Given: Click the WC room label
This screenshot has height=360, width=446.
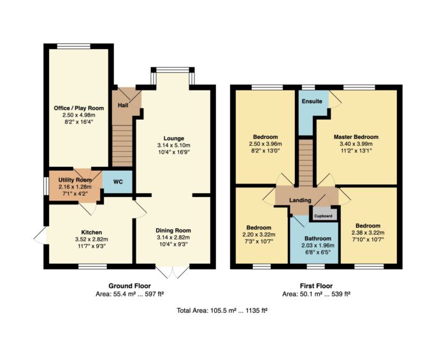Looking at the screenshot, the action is click(x=118, y=182).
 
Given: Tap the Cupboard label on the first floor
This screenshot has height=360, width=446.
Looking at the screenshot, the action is click(x=323, y=216).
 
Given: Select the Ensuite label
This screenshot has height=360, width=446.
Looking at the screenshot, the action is click(x=312, y=101).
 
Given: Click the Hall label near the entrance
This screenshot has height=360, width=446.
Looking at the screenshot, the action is click(x=123, y=105).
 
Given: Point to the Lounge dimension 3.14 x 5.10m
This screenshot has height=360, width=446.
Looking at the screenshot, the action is click(x=174, y=145).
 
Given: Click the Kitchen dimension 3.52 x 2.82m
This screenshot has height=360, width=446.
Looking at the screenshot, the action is click(x=91, y=240).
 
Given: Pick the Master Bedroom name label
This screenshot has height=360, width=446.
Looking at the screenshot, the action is click(x=356, y=137).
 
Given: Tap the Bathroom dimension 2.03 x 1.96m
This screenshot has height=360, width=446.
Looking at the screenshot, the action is click(x=318, y=245).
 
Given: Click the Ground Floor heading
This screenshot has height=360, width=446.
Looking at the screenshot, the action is click(x=130, y=286).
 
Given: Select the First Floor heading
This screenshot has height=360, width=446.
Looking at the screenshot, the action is click(x=316, y=286).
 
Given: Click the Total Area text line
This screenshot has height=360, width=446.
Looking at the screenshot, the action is click(x=222, y=310).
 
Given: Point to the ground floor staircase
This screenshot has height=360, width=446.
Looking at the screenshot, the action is click(x=122, y=145).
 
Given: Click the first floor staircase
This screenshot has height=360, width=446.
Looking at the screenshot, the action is click(x=305, y=162).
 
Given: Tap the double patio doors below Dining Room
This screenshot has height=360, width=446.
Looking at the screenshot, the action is click(x=173, y=272).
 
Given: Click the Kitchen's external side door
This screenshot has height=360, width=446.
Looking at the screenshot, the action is click(x=40, y=235).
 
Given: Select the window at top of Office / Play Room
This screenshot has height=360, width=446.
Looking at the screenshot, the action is click(x=74, y=46).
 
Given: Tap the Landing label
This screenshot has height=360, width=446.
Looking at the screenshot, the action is click(x=300, y=200).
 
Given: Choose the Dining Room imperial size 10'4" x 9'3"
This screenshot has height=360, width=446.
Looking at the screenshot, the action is click(x=173, y=244).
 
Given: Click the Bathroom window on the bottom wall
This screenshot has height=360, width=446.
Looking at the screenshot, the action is click(x=315, y=266).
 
